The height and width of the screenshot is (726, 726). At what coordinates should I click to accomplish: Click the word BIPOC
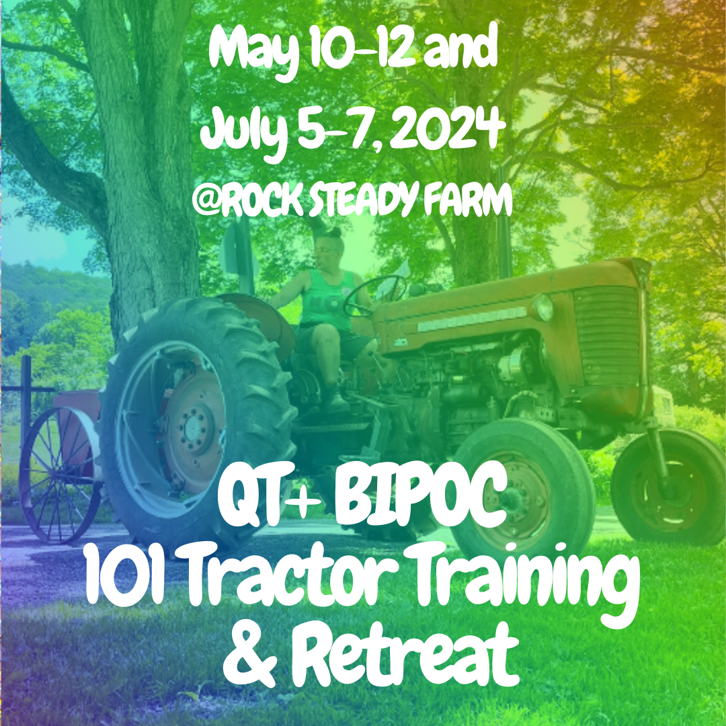point(409,505)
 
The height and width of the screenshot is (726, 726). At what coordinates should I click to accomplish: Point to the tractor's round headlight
point(543,308)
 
